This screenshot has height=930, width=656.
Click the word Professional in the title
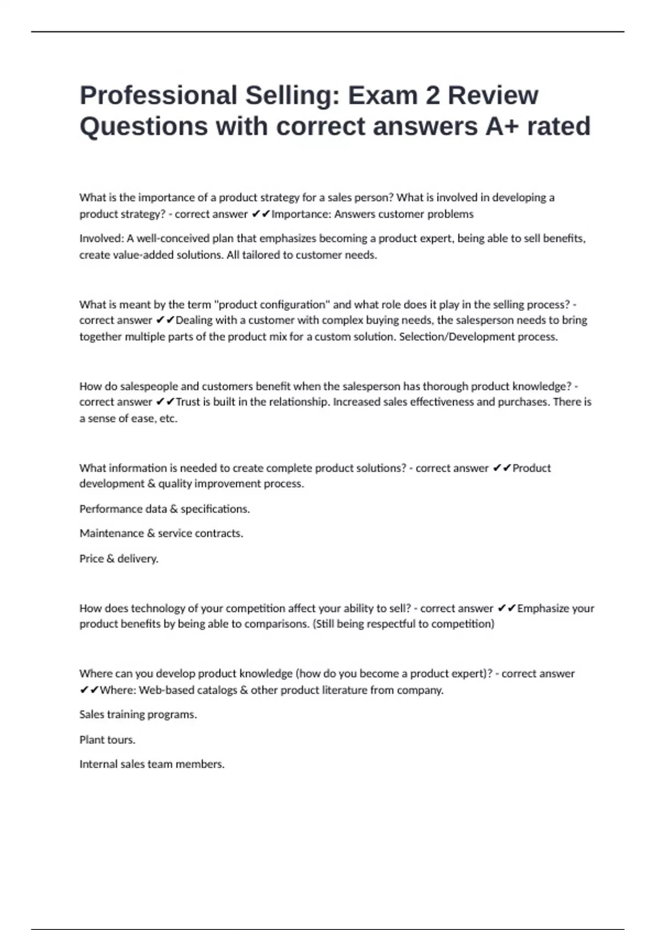point(158,96)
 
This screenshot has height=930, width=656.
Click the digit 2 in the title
point(432,96)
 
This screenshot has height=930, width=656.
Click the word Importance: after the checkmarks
point(301,214)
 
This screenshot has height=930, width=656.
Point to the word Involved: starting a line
point(101,239)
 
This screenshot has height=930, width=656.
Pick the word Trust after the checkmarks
point(188,402)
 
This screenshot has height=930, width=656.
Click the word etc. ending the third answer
point(168,419)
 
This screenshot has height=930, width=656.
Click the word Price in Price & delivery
point(91,559)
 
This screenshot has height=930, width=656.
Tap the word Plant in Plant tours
point(92,740)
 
